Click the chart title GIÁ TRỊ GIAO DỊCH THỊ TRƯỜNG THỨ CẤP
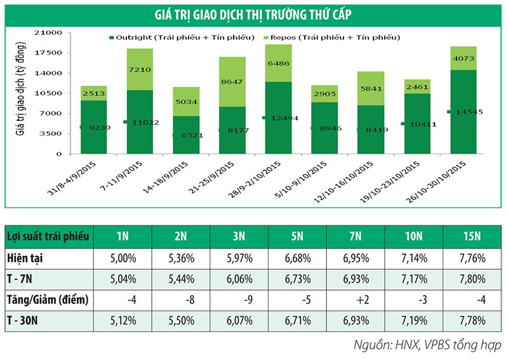pos(253,15)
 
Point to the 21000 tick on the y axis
pos(53,32)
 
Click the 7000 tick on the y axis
pos(55,114)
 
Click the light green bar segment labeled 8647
pos(232,82)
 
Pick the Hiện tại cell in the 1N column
pos(123,258)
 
